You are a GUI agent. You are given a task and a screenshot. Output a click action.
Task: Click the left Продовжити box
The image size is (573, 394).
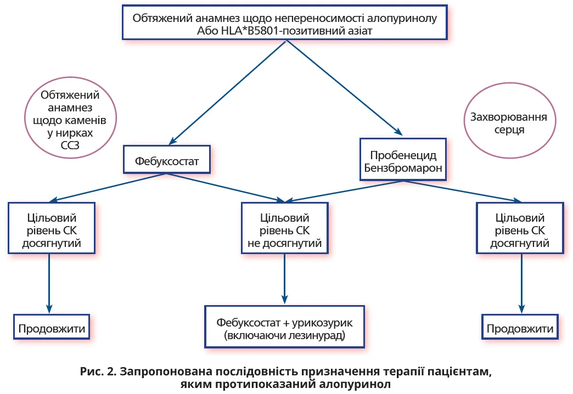52,329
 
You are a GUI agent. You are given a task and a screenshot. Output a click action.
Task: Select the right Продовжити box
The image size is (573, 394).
520,329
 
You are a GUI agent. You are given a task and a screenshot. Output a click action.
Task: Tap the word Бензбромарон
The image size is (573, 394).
403,168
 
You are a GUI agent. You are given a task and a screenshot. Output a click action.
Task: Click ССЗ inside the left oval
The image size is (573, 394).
66,145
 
